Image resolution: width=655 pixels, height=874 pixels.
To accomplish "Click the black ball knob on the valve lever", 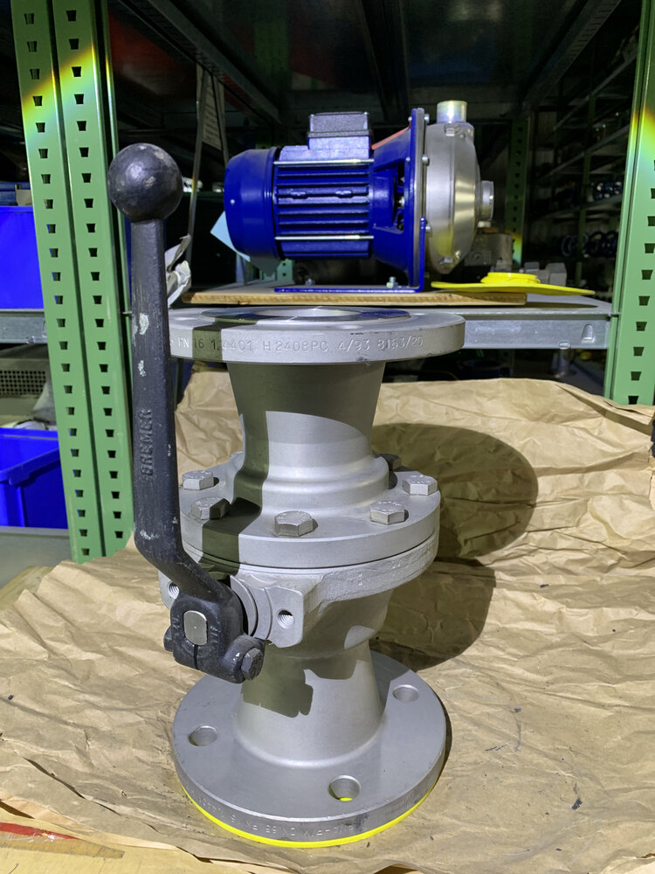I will (145, 182).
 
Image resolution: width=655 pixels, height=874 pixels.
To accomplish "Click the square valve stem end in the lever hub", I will (196, 627).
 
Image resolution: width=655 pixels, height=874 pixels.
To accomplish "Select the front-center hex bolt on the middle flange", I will (294, 524).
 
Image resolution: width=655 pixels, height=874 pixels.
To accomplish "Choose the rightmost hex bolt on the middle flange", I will (419, 483).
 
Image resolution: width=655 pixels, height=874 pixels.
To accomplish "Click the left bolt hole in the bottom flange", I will (203, 736).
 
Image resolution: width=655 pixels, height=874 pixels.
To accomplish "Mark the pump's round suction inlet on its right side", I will (486, 200).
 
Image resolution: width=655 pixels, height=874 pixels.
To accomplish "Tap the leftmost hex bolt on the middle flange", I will (198, 480).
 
